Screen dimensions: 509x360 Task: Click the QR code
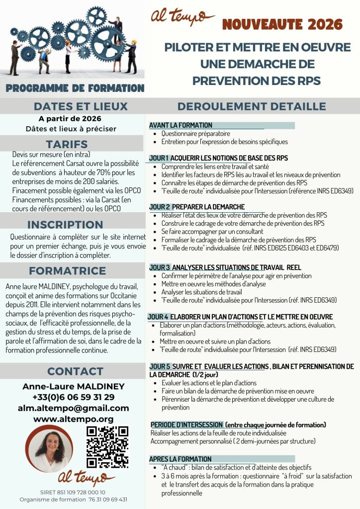pos(107,447)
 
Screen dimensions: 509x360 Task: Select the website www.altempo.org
pos(73,419)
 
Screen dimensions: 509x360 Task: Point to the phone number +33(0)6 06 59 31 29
pos(73,397)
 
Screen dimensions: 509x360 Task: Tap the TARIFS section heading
pos(73,144)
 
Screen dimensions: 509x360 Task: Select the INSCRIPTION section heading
pos(65,224)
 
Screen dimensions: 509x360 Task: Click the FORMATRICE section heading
pos(67,271)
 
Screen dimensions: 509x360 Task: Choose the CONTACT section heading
pos(75,371)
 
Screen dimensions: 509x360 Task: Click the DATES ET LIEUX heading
pos(81,106)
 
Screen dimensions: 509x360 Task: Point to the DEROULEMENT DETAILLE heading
pos(252,106)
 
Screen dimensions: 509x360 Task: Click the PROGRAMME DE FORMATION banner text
pos(75,88)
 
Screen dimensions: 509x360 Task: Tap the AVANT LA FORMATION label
pos(180,125)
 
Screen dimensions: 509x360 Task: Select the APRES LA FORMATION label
pos(180,459)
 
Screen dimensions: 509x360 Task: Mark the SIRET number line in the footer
pos(73,492)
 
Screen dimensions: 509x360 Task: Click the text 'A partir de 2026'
pos(70,119)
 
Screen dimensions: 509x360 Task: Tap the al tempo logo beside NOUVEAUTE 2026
pos(182,17)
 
